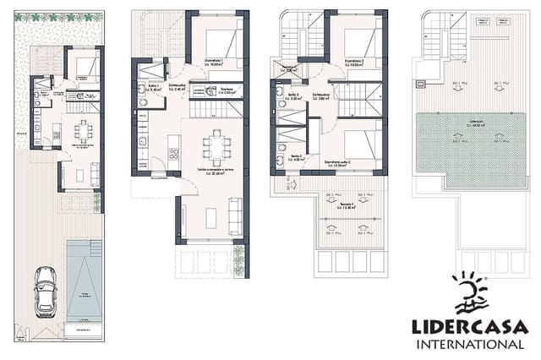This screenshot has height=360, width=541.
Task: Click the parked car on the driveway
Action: click(45, 292)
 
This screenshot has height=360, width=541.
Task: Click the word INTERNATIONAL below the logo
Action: click(469, 345)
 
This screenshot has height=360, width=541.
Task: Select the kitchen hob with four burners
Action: click(174, 154)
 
